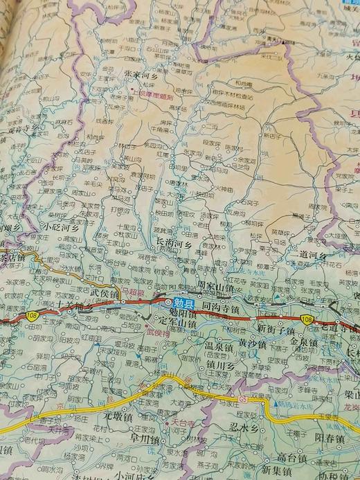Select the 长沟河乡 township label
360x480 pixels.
(174, 243)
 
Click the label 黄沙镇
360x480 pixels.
(253, 342)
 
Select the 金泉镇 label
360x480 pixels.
(303, 342)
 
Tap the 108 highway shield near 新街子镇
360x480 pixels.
(307, 318)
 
